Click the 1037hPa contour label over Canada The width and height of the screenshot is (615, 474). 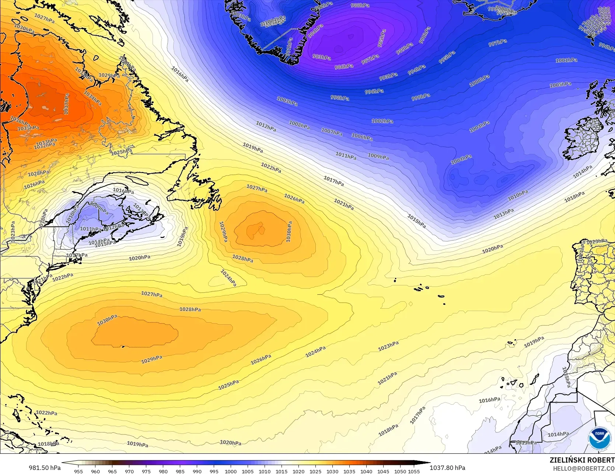click(67, 104)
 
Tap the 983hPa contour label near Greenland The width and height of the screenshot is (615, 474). click(321, 57)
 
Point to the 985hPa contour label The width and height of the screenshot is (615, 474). click(381, 38)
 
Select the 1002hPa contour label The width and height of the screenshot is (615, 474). click(382, 121)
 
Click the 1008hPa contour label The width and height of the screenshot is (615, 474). click(299, 125)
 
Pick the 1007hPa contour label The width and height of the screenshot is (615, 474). click(332, 131)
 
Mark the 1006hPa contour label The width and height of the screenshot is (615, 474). click(362, 137)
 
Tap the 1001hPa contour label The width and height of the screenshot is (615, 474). click(566, 60)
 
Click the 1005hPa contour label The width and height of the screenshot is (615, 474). click(560, 85)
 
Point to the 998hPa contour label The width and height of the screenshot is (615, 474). click(340, 98)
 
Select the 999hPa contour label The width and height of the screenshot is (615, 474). click(420, 97)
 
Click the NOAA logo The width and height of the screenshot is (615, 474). click(599, 438)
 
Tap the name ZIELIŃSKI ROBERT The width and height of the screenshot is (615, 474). click(582, 460)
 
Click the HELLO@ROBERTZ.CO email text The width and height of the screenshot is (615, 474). click(584, 468)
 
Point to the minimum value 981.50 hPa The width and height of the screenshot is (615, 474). click(45, 468)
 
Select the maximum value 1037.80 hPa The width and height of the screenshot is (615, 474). click(447, 468)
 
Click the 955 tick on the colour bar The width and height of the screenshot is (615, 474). click(78, 471)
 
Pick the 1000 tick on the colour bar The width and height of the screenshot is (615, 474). click(231, 471)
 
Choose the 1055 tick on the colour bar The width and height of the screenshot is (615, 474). click(414, 471)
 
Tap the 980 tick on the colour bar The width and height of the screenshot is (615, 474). click(163, 471)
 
